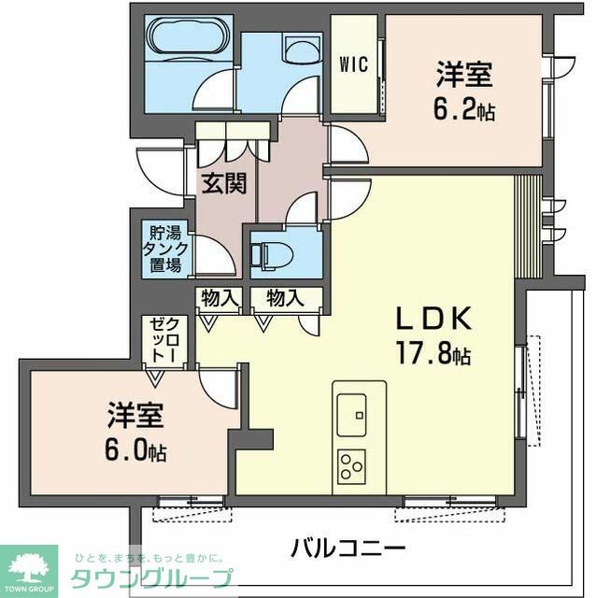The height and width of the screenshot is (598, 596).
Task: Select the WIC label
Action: tap(353, 65)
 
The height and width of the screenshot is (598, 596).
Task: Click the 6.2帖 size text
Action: tap(463, 111)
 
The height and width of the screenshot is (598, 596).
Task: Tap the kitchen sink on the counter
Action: tap(351, 410)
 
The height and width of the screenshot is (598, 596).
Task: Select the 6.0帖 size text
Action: tap(130, 451)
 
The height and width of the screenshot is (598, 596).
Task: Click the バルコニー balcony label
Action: tap(347, 548)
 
